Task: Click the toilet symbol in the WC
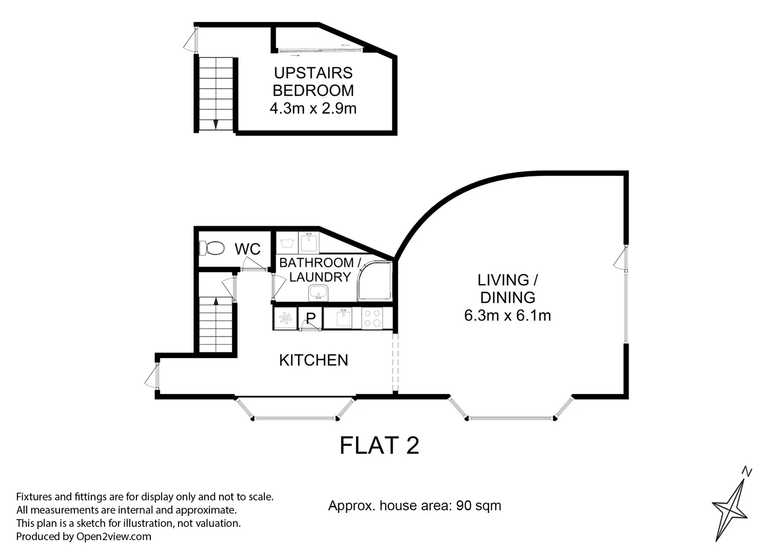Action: point(212,249)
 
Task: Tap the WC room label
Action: point(247,249)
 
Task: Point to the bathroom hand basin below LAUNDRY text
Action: point(318,293)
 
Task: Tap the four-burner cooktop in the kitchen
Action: point(372,318)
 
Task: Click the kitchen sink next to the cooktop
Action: point(342,318)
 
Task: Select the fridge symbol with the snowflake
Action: point(285,319)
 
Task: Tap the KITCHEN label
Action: point(314,360)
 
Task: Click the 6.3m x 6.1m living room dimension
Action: point(507,315)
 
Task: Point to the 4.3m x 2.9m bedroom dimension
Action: point(313,108)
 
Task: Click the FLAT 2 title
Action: point(379,445)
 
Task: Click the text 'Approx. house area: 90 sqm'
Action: point(415,506)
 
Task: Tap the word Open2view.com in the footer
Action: point(113,537)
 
